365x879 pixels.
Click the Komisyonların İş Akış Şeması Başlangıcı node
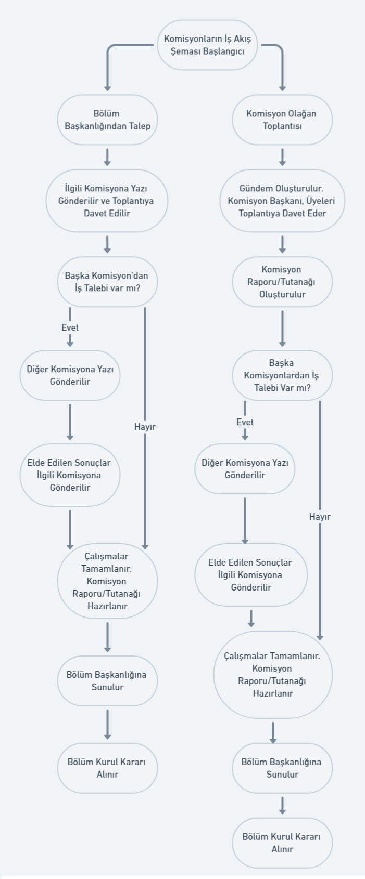pyautogui.click(x=207, y=45)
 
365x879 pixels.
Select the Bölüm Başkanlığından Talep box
pyautogui.click(x=107, y=120)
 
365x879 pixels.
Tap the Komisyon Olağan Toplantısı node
pyautogui.click(x=282, y=120)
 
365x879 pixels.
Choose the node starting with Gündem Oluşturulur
pyautogui.click(x=282, y=201)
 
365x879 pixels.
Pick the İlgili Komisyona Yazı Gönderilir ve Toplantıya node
pyautogui.click(x=107, y=201)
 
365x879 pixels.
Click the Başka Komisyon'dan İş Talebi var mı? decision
pyautogui.click(x=107, y=282)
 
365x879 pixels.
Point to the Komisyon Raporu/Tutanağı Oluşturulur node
pyautogui.click(x=282, y=282)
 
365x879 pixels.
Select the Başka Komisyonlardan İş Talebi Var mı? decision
pyautogui.click(x=282, y=375)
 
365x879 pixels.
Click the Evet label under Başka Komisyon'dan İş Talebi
pyautogui.click(x=70, y=327)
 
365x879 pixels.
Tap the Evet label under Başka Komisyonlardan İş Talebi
pyautogui.click(x=245, y=422)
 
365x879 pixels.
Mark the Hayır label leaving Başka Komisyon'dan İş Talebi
pyautogui.click(x=145, y=427)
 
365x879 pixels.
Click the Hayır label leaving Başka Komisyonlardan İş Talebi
pyautogui.click(x=320, y=517)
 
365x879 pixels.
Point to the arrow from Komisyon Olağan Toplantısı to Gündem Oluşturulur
pyautogui.click(x=282, y=157)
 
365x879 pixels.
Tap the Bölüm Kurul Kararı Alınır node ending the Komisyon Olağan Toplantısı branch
pyautogui.click(x=282, y=843)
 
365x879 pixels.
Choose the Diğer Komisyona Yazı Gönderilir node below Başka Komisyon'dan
pyautogui.click(x=70, y=375)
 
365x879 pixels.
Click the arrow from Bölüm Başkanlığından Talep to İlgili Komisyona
pyautogui.click(x=107, y=157)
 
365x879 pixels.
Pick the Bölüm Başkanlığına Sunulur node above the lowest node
pyautogui.click(x=282, y=768)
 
